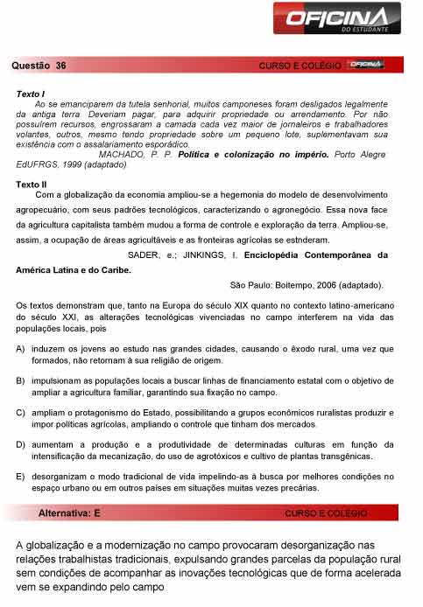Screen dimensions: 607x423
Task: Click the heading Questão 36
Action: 39,66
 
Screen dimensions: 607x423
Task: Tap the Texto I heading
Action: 31,93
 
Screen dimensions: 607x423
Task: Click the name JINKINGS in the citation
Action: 208,255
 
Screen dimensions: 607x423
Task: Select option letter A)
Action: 20,348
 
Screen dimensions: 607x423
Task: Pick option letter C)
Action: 20,412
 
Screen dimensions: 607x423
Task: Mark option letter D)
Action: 20,444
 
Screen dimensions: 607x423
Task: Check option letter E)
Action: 20,476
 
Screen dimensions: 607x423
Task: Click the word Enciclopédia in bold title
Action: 294,255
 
